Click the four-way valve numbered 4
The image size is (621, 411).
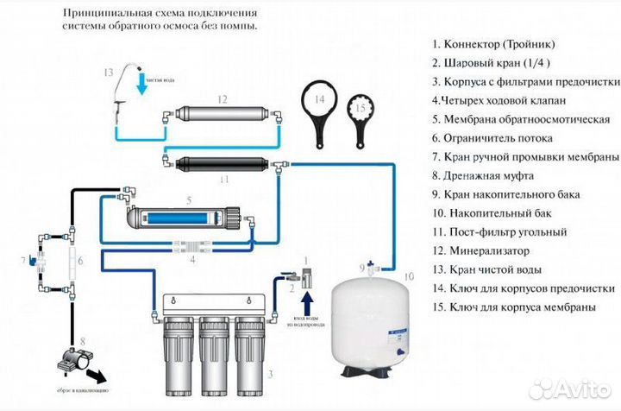(x=197, y=246)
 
